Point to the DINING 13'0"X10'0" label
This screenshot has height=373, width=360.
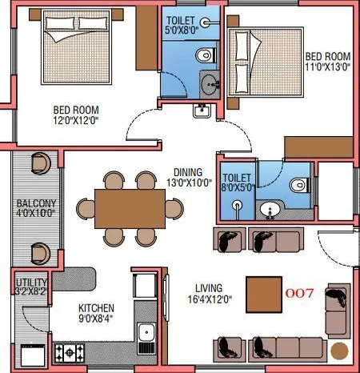coord(189,177)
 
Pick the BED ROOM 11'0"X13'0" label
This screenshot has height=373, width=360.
coord(326,62)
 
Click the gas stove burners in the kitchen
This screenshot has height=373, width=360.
coord(70,351)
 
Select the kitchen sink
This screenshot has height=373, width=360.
coord(146,335)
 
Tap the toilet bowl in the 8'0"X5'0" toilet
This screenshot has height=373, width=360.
coord(299,184)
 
